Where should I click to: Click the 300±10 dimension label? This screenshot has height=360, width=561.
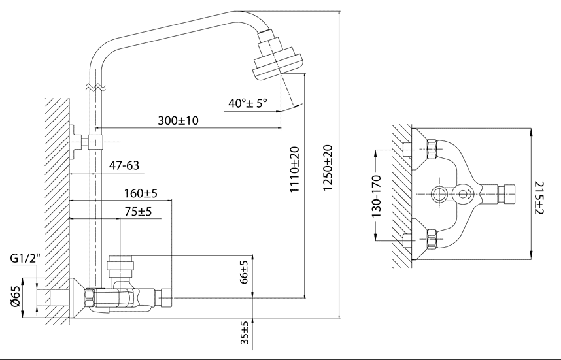(178, 120)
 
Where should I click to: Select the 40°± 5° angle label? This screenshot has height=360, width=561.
(248, 103)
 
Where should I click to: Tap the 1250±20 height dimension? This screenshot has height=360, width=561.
(328, 168)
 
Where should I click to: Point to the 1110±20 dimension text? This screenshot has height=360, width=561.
(294, 169)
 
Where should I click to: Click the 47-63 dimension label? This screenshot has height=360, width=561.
(124, 165)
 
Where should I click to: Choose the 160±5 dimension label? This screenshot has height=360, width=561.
(141, 193)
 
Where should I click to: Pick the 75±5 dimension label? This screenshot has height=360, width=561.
(138, 212)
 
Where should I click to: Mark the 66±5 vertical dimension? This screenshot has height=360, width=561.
(244, 272)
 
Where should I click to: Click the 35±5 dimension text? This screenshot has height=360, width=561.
(245, 333)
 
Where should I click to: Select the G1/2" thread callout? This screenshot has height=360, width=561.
(25, 259)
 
